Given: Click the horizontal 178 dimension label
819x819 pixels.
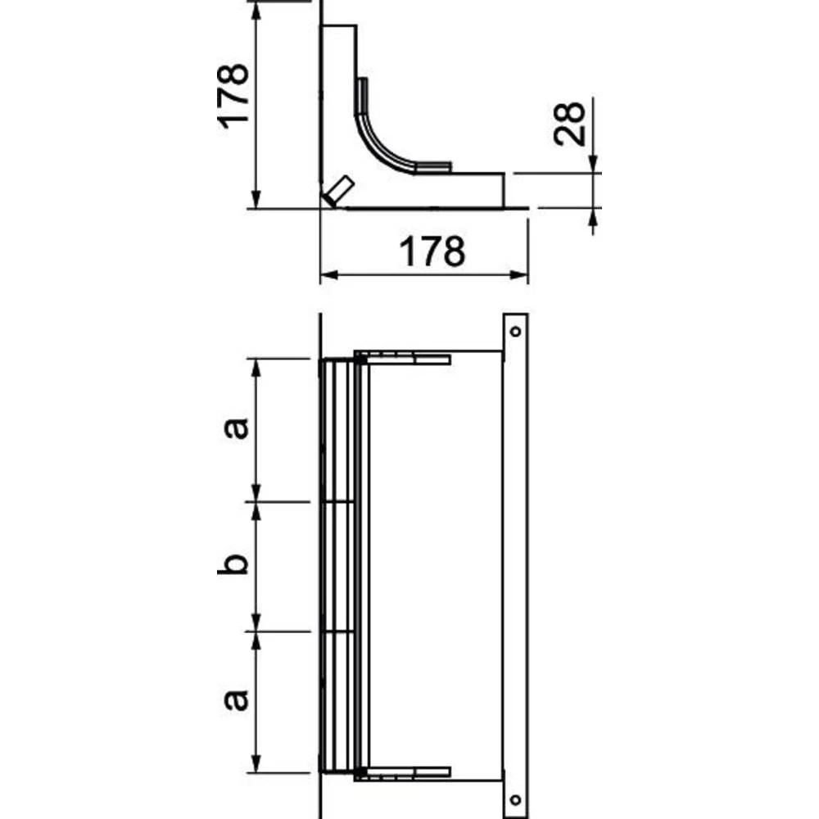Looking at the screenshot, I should click(x=432, y=251).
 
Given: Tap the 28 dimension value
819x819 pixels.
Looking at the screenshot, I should click(x=568, y=124).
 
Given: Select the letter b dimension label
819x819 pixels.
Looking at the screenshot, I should click(x=233, y=564).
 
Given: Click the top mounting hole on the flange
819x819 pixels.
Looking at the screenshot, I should click(x=514, y=332).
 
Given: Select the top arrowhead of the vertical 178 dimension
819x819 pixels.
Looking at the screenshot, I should click(x=256, y=10).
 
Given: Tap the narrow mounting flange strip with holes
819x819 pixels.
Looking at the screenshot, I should click(x=515, y=565).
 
